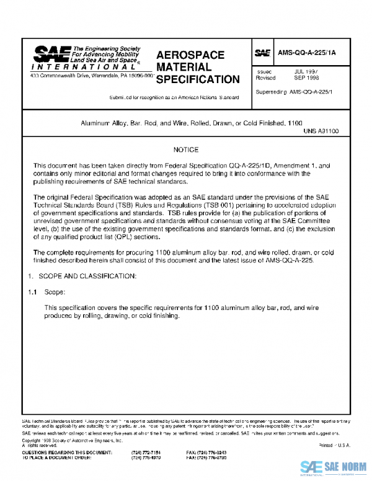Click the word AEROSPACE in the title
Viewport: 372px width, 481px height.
pos(191,55)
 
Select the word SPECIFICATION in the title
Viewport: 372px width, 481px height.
pos(198,79)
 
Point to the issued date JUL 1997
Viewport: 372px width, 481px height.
pos(306,72)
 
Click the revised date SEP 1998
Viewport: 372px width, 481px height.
pos(306,79)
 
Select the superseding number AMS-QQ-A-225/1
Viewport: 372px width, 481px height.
pos(311,92)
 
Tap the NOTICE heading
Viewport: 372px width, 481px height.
pos(186,150)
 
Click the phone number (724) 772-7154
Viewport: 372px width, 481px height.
pos(145,453)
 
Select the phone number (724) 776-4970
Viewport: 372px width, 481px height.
pos(145,458)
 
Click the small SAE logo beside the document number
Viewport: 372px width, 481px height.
pos(262,54)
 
